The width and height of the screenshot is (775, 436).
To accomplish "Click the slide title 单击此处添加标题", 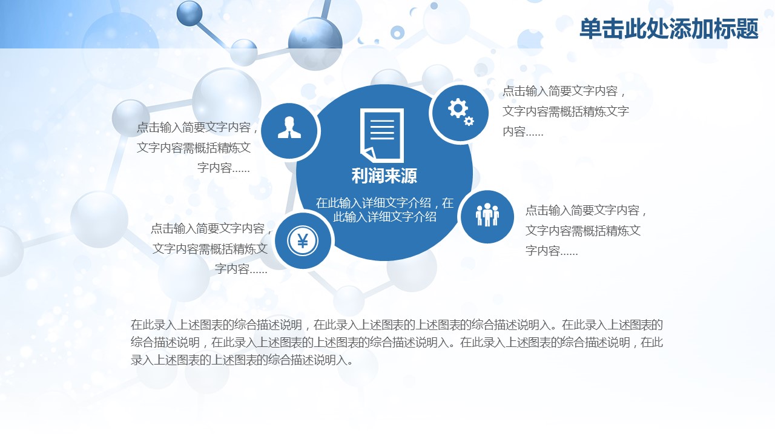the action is (669, 28).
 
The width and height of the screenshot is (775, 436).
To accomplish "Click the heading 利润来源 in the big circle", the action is (384, 176).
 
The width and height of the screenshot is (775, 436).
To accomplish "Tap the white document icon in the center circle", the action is (382, 135).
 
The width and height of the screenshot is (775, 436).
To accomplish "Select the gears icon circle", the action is (460, 113).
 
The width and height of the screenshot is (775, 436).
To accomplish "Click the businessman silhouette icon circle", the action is (289, 131).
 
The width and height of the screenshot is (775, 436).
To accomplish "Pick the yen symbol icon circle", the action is (303, 241).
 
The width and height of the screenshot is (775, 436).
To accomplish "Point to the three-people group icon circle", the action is (487, 217).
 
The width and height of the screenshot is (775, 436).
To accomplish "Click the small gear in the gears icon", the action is (469, 121).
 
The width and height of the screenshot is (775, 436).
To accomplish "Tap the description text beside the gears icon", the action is (566, 111).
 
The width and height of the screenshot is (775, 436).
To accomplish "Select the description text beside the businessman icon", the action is (197, 148).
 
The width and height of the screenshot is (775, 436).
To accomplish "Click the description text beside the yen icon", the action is (211, 248).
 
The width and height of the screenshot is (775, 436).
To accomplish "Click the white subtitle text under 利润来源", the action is (384, 210).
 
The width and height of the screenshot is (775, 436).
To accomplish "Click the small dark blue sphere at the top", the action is (190, 13).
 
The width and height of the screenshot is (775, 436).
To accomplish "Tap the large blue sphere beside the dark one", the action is (315, 44).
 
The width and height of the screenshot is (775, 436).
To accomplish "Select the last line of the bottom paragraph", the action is (242, 360).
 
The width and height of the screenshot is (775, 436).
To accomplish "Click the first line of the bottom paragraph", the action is (397, 325).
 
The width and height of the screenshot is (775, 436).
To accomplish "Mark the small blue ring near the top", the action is (397, 33).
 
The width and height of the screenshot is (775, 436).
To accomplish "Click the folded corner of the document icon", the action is (368, 154).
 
